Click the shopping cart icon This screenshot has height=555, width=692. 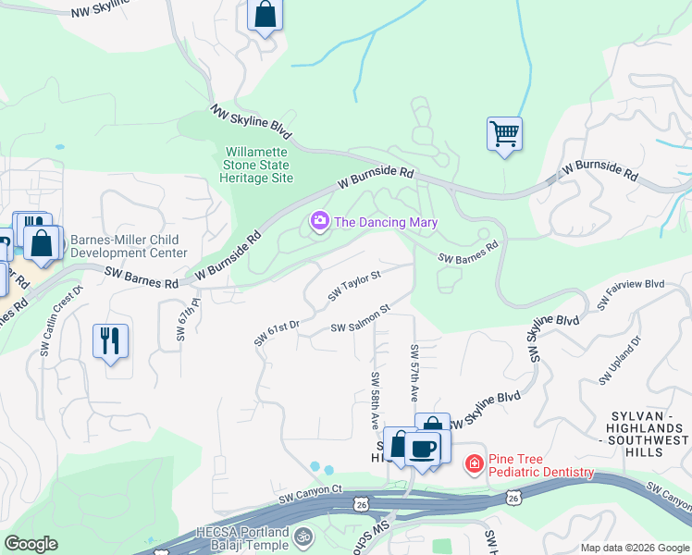point(504,134)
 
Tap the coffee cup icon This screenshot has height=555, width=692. point(423,449)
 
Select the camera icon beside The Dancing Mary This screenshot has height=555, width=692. point(320,222)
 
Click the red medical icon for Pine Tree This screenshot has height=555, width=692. point(474,462)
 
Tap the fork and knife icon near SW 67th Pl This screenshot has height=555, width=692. point(110,340)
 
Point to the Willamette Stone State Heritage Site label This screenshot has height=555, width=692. point(257,165)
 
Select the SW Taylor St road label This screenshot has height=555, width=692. point(354,287)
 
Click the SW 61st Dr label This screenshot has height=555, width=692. point(277,333)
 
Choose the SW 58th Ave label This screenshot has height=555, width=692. point(376,400)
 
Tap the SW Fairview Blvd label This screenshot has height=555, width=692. point(633,295)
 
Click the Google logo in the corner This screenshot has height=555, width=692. point(31,544)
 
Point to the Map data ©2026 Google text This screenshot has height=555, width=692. point(635,548)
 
